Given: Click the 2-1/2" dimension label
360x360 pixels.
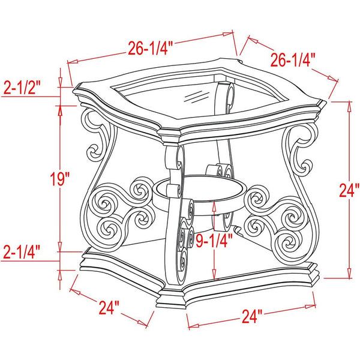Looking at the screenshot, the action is pyautogui.click(x=22, y=88).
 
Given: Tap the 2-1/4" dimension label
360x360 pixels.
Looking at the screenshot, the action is pyautogui.click(x=22, y=252).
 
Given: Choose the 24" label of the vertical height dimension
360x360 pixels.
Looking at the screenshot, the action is pyautogui.click(x=349, y=190).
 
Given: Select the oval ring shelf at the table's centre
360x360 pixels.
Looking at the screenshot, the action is pyautogui.click(x=199, y=195).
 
